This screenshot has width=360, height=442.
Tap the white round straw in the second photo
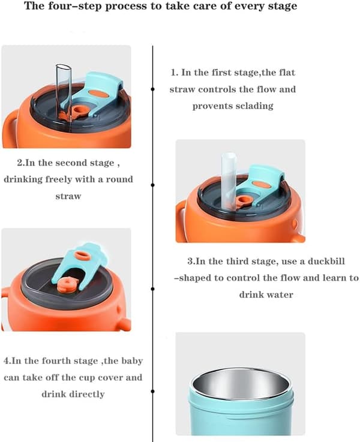229,181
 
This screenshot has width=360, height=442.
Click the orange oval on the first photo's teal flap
98,94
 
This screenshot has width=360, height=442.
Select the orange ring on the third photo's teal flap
82,255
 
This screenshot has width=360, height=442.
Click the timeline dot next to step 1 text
152,89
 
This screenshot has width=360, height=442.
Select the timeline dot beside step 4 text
152,391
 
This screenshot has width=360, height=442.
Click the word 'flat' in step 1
287,73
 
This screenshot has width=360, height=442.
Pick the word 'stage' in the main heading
283,7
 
